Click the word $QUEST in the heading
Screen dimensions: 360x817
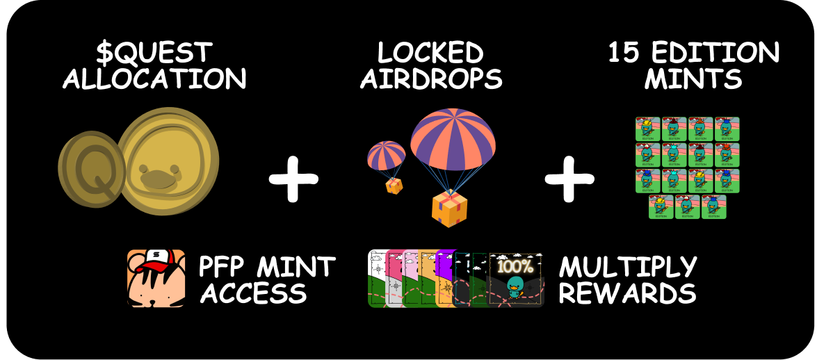155,52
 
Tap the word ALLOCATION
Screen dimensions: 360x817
155,79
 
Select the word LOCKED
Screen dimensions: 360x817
430,52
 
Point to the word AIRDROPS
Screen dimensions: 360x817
431,79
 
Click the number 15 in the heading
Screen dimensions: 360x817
624,52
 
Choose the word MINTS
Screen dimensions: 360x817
693,79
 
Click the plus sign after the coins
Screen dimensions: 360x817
293,178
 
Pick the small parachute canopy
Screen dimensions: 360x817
387,154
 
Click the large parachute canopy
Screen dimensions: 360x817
453,136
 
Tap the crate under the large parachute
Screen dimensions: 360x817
448,209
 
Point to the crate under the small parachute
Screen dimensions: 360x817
394,186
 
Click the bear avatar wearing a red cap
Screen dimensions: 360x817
156,279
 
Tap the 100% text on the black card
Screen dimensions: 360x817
515,265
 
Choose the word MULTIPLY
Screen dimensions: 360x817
628,267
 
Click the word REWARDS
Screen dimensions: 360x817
628,293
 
